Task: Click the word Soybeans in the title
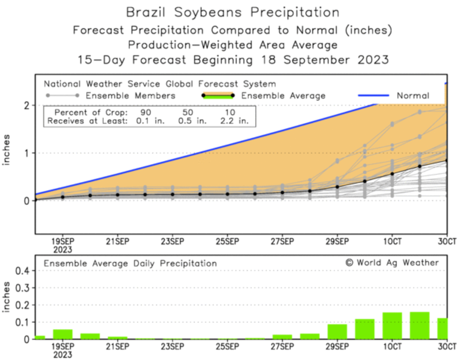(x=208, y=12)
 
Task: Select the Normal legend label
(x=413, y=96)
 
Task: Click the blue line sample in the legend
(x=373, y=95)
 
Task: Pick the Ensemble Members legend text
(x=131, y=96)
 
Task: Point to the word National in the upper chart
(x=62, y=84)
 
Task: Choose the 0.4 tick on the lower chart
(x=22, y=271)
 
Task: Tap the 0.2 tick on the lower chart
(x=22, y=305)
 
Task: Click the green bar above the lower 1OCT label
(x=392, y=326)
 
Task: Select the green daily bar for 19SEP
(x=63, y=334)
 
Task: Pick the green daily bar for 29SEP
(x=337, y=331)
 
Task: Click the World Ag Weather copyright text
(x=392, y=263)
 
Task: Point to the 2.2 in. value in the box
(x=234, y=121)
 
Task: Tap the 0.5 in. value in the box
(x=192, y=121)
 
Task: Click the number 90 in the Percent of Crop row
(x=146, y=112)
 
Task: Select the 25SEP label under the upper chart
(x=227, y=242)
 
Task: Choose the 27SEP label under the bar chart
(x=282, y=346)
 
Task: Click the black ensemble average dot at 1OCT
(x=392, y=174)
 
